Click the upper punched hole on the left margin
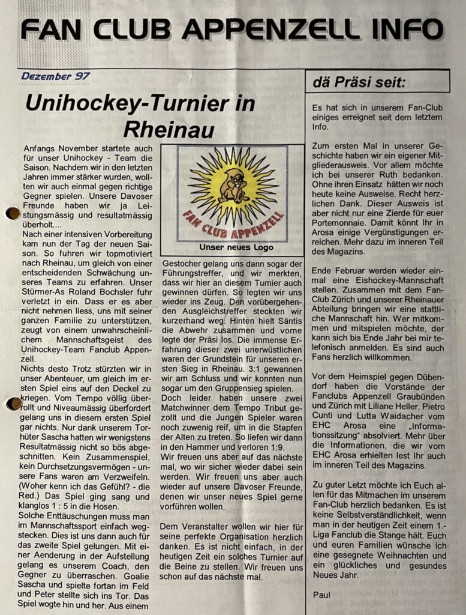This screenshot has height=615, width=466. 11,213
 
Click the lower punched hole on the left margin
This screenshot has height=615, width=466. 13,404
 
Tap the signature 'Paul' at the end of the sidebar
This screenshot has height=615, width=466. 322,595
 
